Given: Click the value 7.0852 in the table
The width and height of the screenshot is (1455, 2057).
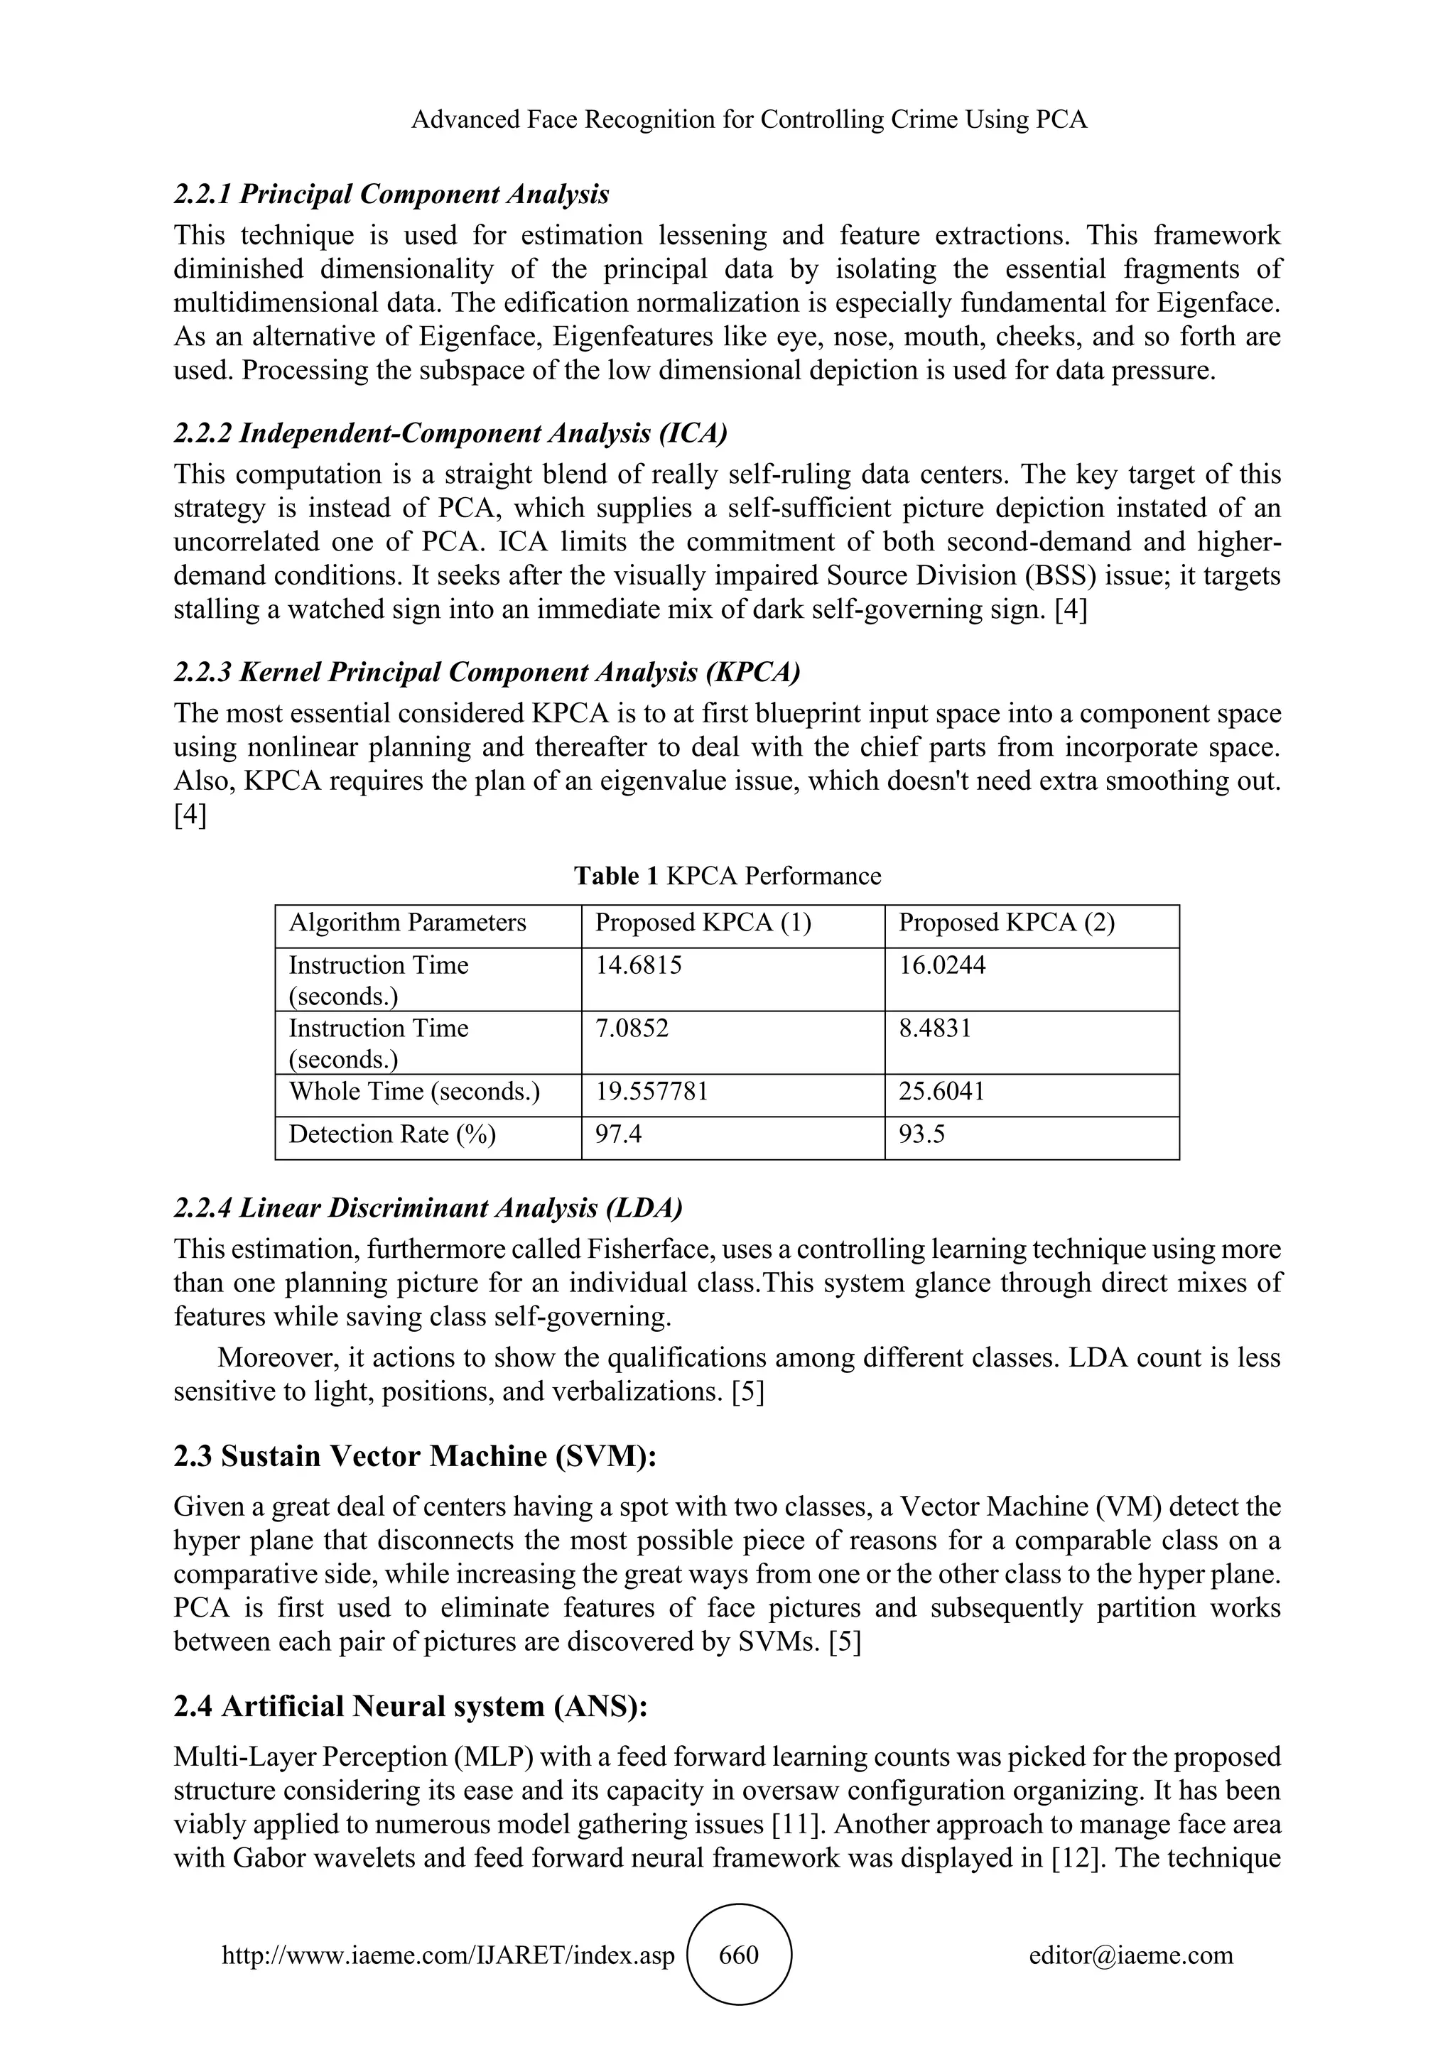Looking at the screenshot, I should pyautogui.click(x=632, y=1028).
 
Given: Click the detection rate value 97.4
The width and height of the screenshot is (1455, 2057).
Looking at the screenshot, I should pyautogui.click(x=618, y=1135).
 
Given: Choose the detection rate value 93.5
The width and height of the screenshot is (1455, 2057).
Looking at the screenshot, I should pyautogui.click(x=922, y=1135).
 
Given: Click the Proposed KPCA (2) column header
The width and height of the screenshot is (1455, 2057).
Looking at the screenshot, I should pyautogui.click(x=1006, y=923).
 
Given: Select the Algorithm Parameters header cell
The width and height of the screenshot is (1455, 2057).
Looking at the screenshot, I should pyautogui.click(x=408, y=923).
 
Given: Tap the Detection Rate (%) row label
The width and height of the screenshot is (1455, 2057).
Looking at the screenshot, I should pyautogui.click(x=391, y=1135).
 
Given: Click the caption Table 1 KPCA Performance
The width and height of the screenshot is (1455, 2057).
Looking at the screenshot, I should pyautogui.click(x=727, y=876).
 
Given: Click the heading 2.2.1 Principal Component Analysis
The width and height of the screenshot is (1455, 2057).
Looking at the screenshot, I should pyautogui.click(x=391, y=195).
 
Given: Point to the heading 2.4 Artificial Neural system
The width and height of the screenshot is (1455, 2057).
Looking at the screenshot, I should pyautogui.click(x=411, y=1707).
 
